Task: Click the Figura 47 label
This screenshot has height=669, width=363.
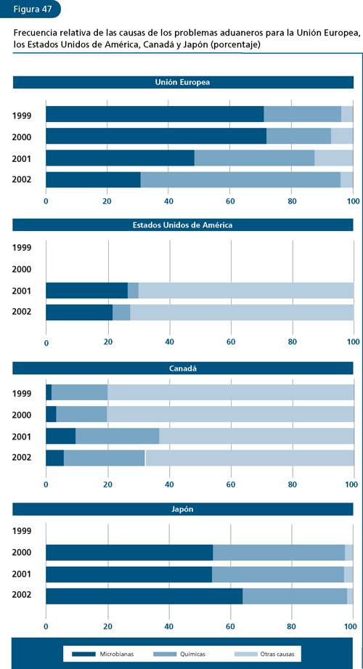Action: (27, 9)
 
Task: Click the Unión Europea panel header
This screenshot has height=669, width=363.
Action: (182, 83)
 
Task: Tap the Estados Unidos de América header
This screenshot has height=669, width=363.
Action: (182, 225)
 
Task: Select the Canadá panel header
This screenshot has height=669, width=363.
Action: (182, 369)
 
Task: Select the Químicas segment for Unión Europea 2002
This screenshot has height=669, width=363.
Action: (240, 179)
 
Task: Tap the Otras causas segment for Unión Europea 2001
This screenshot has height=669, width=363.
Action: (333, 158)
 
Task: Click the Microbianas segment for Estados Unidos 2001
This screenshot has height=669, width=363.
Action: (86, 291)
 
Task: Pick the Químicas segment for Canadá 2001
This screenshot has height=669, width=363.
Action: (117, 436)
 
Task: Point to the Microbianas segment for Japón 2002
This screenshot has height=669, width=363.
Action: (144, 596)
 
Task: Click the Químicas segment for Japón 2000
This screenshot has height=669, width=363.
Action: (279, 553)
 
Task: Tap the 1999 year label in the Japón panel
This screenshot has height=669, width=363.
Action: (22, 531)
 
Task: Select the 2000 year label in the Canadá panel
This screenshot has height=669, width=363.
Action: (22, 414)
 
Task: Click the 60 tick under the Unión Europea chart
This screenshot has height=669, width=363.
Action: (231, 201)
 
